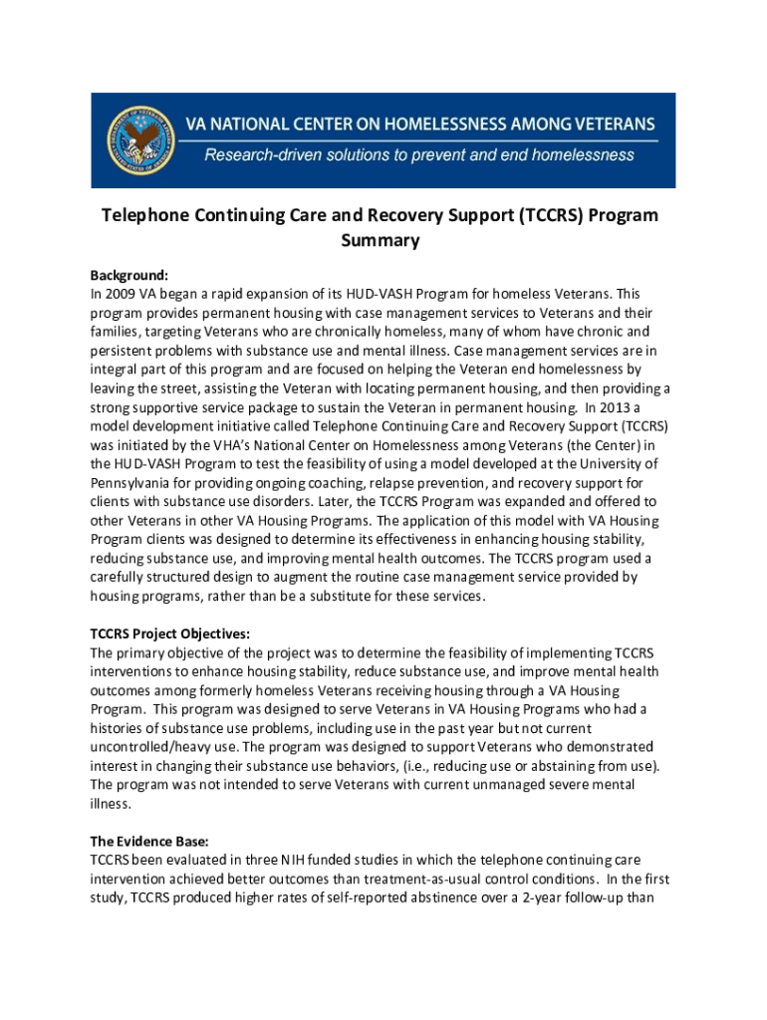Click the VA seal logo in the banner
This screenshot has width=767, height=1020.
pos(140,139)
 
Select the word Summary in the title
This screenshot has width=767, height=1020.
pos(381,241)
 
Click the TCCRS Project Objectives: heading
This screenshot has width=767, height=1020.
pos(170,634)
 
